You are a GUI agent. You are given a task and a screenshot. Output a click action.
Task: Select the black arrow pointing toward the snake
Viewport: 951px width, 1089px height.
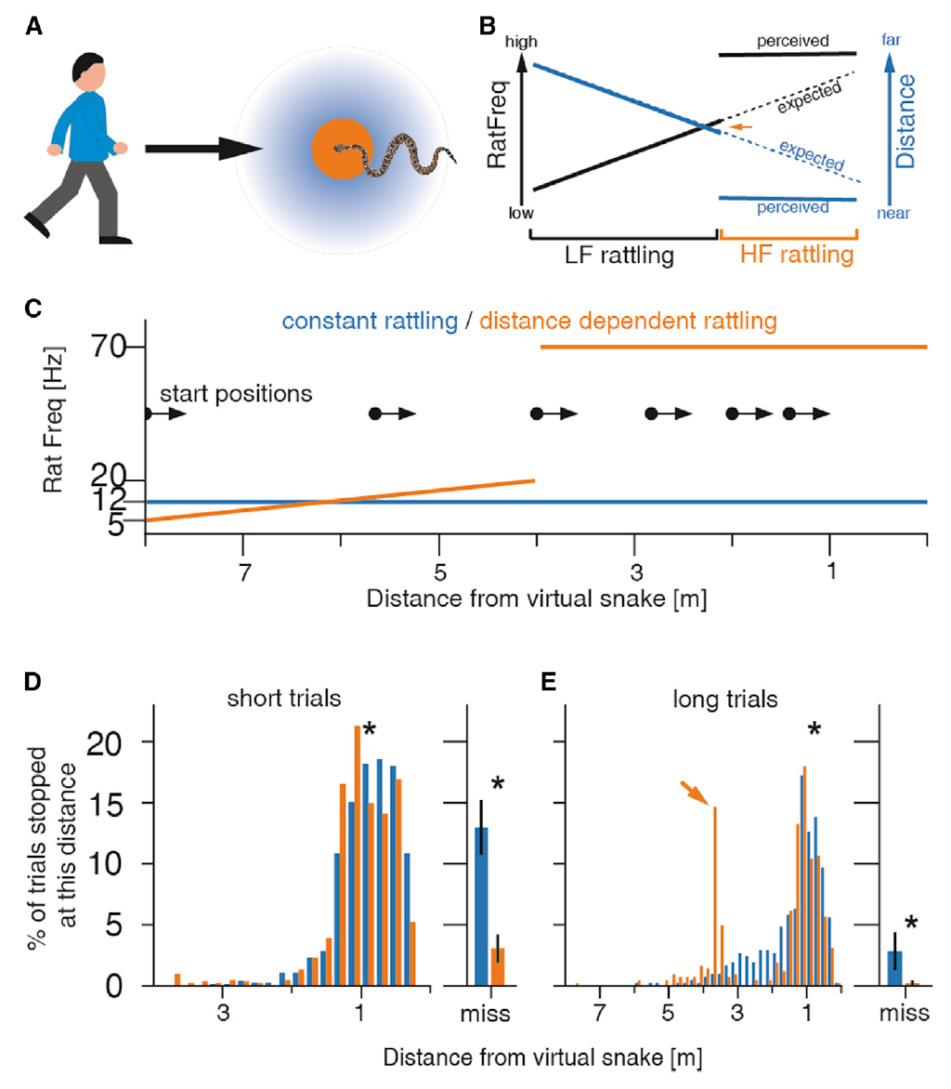click(x=199, y=147)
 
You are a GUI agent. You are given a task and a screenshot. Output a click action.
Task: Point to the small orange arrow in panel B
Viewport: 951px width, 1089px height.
click(x=739, y=126)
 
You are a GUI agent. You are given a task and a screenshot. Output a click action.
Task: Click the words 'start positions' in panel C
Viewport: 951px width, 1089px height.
click(x=235, y=393)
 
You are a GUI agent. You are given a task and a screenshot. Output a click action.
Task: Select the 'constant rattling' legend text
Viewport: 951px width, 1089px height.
click(x=370, y=322)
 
